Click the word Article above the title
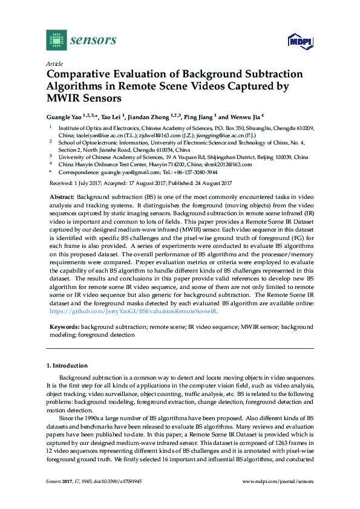click(54, 63)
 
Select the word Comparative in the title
click(82, 74)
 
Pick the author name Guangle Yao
click(64, 117)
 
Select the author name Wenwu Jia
click(245, 117)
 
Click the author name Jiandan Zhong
click(151, 117)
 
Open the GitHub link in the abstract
click(133, 312)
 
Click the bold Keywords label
click(63, 326)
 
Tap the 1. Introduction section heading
click(67, 366)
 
